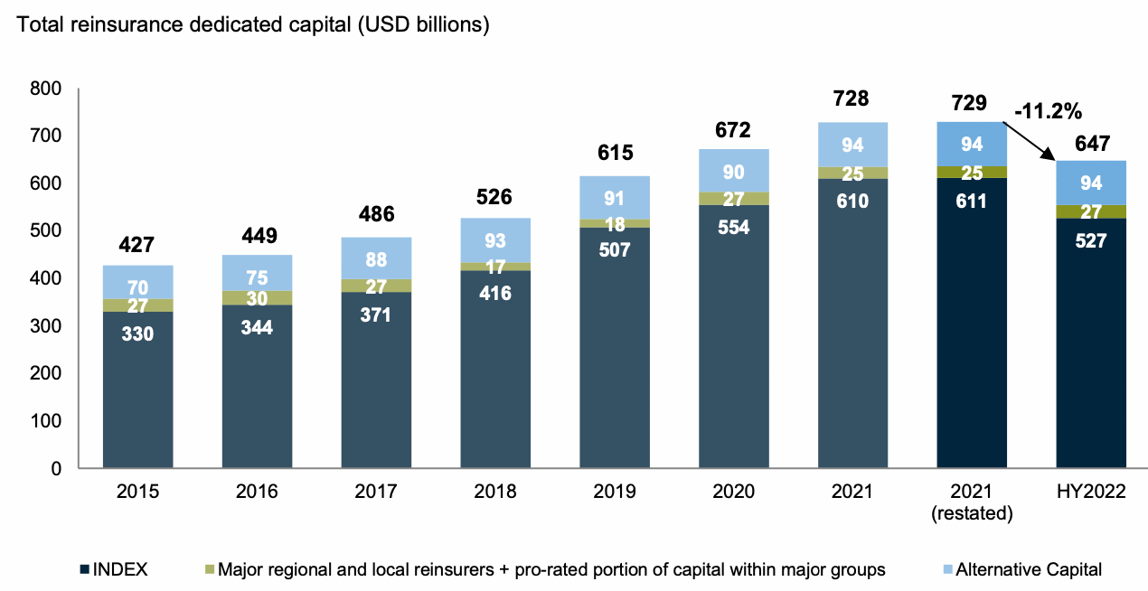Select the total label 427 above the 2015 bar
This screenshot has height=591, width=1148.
137,245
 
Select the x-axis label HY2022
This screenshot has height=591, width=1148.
1091,492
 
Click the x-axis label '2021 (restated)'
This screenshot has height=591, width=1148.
972,502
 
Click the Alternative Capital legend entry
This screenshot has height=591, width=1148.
1022,569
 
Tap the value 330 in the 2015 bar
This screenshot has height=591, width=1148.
137,333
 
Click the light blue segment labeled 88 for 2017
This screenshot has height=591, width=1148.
376,259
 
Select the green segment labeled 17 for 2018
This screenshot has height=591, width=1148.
495,267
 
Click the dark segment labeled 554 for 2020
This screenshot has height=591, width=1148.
733,228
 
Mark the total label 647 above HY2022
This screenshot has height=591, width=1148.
1091,143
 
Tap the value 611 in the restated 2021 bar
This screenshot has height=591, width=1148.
972,201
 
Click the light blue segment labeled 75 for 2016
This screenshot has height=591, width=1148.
257,274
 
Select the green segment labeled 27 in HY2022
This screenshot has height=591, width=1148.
1091,212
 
